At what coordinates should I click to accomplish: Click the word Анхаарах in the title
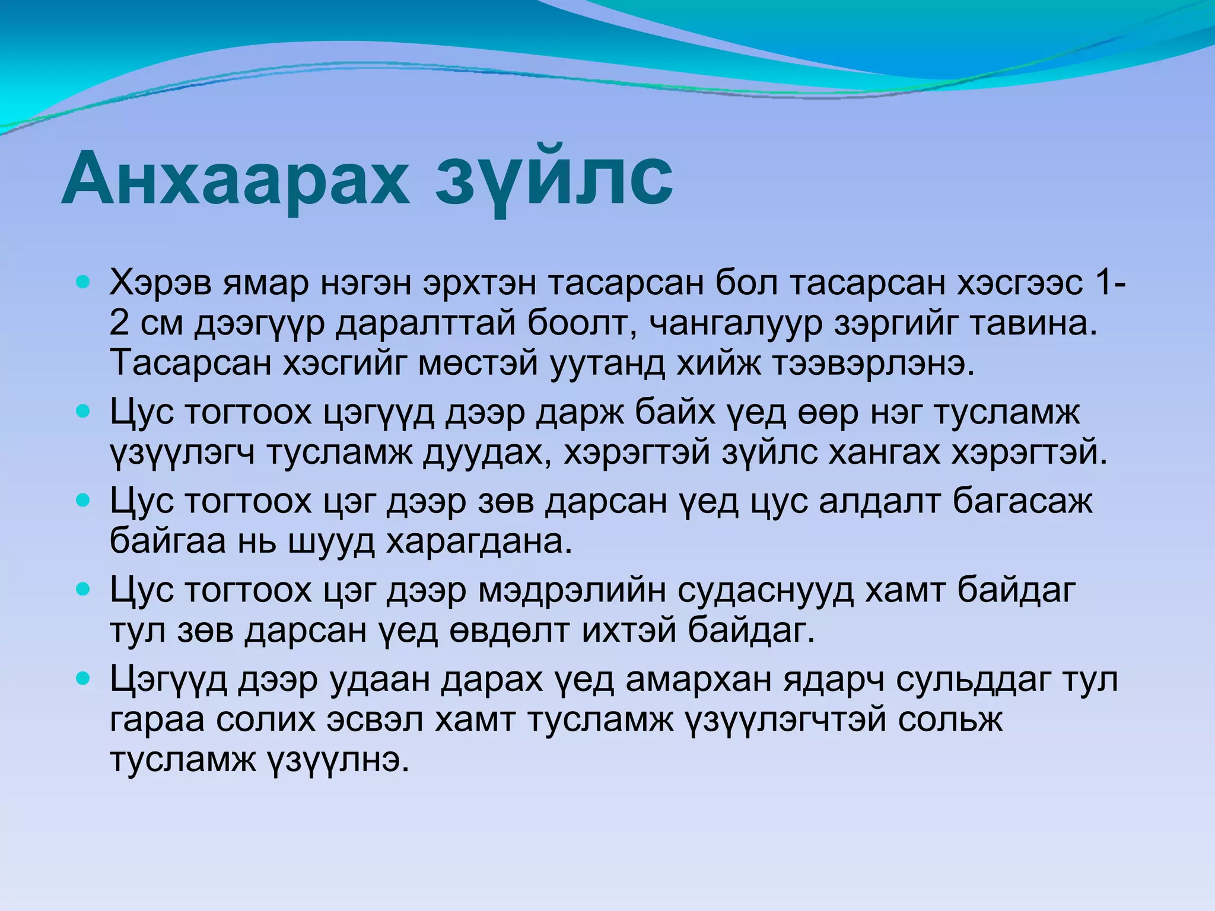pos(234,178)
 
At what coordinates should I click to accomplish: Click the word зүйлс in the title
pos(555,178)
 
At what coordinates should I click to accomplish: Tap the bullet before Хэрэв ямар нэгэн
pos(83,282)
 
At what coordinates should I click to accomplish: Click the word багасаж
pos(1022,501)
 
